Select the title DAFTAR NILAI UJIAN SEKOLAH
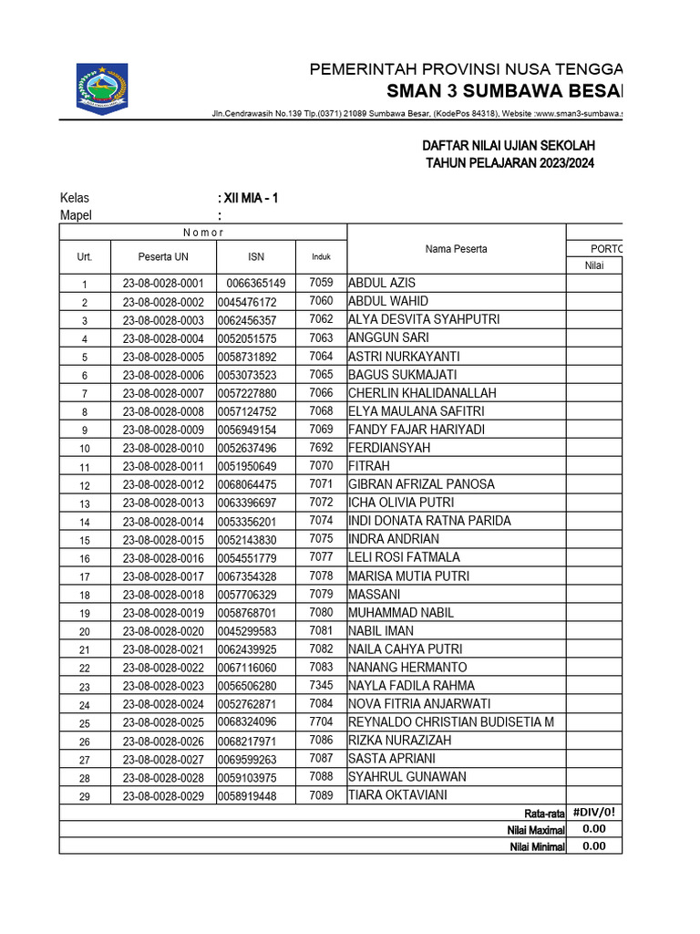[509, 146]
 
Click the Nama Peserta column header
[456, 249]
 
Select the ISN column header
[256, 256]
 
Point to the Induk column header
[321, 256]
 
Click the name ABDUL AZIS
[382, 283]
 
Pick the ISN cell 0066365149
[256, 284]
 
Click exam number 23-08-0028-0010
[163, 448]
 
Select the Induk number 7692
[321, 448]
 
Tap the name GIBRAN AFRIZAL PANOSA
[421, 484]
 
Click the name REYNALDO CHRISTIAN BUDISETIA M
[451, 722]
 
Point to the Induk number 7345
[321, 685]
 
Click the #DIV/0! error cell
[593, 813]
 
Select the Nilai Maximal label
[536, 830]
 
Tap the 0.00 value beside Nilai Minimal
[593, 846]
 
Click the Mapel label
[76, 215]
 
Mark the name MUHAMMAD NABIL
[400, 612]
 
